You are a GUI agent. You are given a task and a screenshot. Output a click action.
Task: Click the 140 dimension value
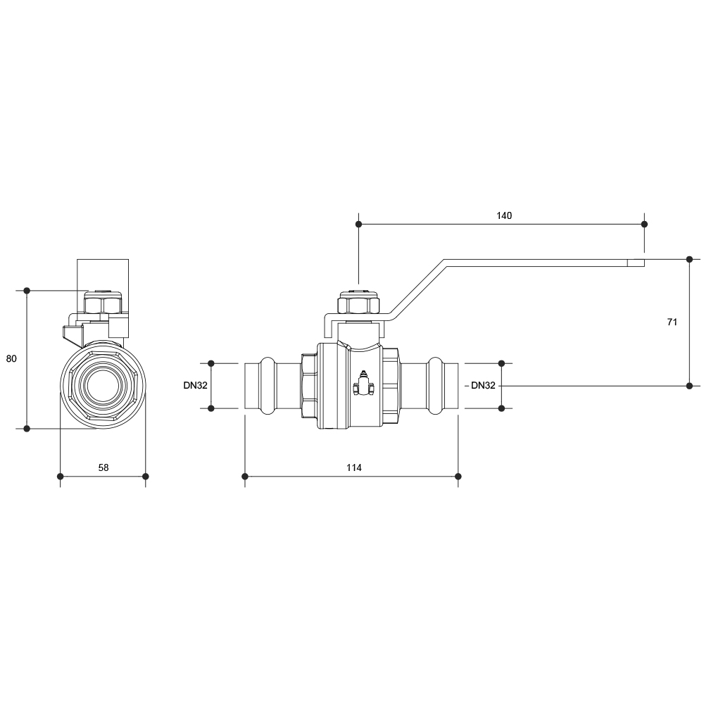coord(504,215)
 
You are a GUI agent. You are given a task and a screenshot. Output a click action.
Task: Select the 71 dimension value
coord(672,322)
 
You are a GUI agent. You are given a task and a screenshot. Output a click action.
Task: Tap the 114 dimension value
coord(354,467)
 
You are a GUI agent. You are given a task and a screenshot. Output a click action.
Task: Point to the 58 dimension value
coord(103,467)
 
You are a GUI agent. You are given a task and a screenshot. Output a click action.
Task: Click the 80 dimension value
coord(11,358)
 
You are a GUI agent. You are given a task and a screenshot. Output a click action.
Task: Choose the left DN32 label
coord(195,385)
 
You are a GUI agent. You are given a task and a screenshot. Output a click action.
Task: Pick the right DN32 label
coord(483,385)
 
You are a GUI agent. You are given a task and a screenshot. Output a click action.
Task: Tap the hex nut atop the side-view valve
coord(359,303)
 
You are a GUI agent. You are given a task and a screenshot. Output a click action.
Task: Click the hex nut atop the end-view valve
coord(103,302)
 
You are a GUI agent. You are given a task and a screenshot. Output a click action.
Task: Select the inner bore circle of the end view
coord(103,386)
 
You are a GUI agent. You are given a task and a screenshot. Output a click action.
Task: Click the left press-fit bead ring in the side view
coord(268,386)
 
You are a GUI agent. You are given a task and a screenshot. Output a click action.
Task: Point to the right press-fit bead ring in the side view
coord(435,386)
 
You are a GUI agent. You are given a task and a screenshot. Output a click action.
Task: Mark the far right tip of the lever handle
coord(644,263)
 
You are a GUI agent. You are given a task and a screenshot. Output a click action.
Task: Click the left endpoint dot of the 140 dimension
coord(358,224)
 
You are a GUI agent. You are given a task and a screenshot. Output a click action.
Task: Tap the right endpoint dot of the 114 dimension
coord(458,477)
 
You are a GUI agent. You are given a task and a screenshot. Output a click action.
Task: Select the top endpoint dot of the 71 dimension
coord(690,259)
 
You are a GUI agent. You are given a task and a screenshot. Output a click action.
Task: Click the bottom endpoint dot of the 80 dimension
coord(27,428)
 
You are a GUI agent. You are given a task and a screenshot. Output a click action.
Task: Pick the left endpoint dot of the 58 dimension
coord(60,477)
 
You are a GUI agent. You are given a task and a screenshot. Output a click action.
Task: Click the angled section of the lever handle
coord(417,289)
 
